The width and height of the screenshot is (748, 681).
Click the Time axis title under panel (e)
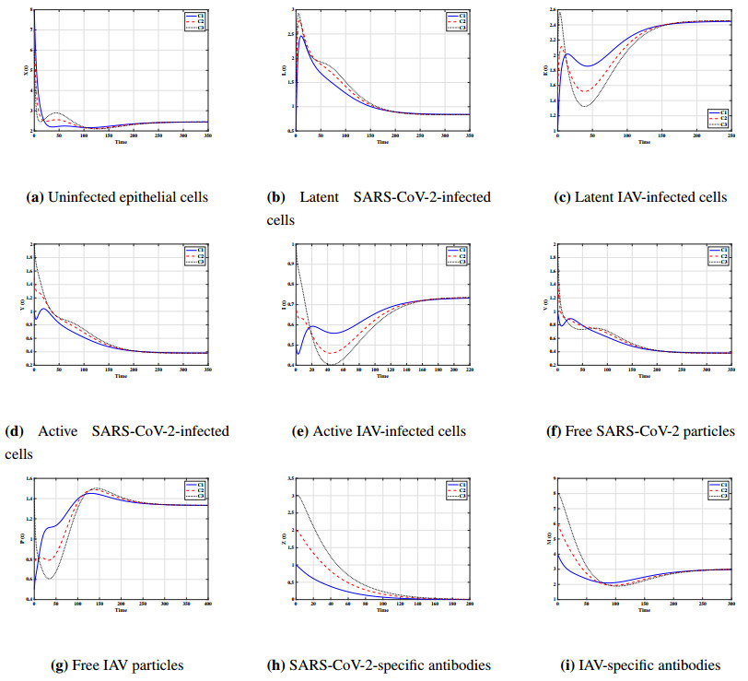point(382,376)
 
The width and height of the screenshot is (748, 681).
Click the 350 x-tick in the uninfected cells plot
point(208,137)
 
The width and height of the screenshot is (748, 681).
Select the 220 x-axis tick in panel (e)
point(469,370)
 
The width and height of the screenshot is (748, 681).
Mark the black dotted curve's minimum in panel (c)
point(585,106)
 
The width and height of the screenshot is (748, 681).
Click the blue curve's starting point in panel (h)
point(296,565)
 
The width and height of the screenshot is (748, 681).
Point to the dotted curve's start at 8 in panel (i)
point(557,493)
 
